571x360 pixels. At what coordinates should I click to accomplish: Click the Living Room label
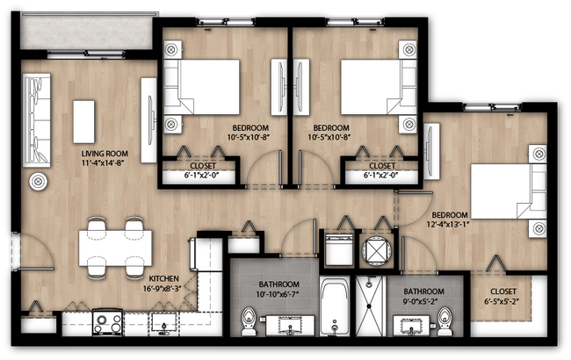pos(105,154)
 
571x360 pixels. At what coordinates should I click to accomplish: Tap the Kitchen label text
pos(164,278)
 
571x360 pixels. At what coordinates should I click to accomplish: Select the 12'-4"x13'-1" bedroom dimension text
pos(447,224)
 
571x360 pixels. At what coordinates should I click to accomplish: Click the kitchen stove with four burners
pos(108,322)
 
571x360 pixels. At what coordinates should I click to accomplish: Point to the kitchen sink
pos(164,322)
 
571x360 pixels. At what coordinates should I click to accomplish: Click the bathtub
pos(335,306)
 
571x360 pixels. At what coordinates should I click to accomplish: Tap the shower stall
pos(371,306)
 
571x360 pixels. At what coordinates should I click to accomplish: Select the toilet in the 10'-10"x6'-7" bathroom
pos(249,321)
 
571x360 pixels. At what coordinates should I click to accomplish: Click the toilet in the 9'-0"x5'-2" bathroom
pos(445,321)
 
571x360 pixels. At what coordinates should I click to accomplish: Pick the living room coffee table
pos(83,122)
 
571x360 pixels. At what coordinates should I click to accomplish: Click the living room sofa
pos(36,120)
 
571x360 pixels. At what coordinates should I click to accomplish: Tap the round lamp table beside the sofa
pos(39,182)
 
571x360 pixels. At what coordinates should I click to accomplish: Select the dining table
pos(115,248)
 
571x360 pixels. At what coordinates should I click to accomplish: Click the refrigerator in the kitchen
pos(206,255)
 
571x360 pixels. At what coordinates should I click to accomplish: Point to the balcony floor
pos(86,32)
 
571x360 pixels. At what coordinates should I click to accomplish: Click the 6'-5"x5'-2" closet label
pos(503,296)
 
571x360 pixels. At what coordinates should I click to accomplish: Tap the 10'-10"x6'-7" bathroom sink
pos(290,325)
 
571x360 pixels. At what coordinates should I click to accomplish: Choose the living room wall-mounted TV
pos(149,120)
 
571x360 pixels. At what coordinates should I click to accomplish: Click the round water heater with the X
pos(377,250)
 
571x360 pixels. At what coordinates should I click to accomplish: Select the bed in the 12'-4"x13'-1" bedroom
pos(509,191)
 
